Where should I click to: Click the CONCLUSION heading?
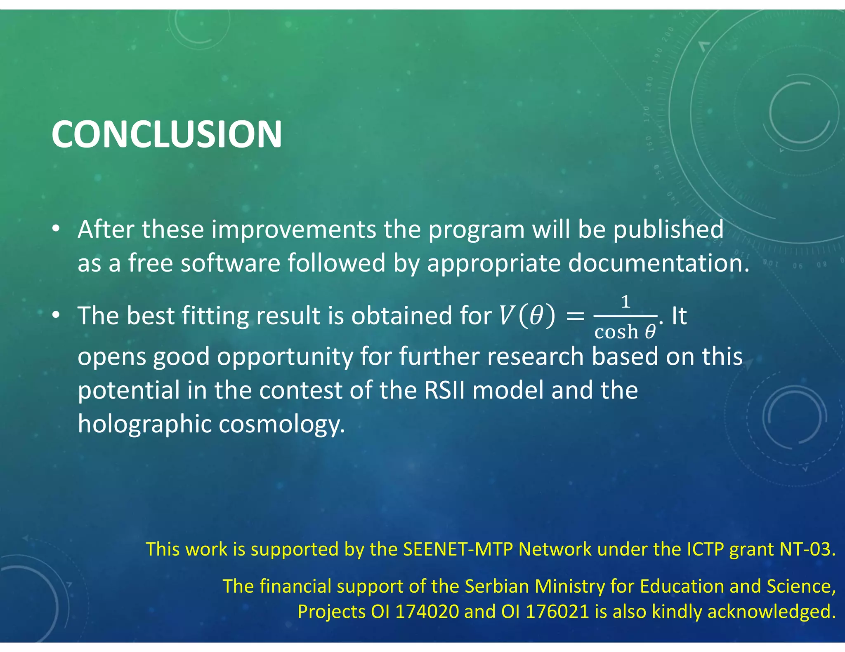[167, 134]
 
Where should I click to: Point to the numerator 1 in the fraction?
[625, 302]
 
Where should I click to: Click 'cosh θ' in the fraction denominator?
[625, 332]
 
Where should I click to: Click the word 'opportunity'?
[285, 357]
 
